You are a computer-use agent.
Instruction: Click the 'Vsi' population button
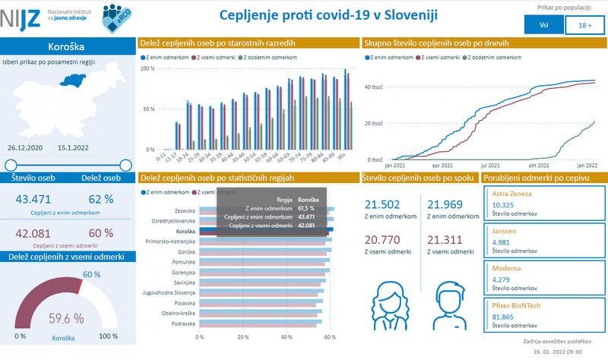543,25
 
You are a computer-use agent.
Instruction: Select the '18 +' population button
584,25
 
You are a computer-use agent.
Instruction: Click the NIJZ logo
17,16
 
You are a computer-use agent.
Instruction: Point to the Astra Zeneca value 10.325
503,205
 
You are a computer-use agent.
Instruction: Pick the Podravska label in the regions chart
183,323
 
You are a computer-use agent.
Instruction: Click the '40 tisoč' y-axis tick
373,87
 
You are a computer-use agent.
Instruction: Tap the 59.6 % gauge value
66,318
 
